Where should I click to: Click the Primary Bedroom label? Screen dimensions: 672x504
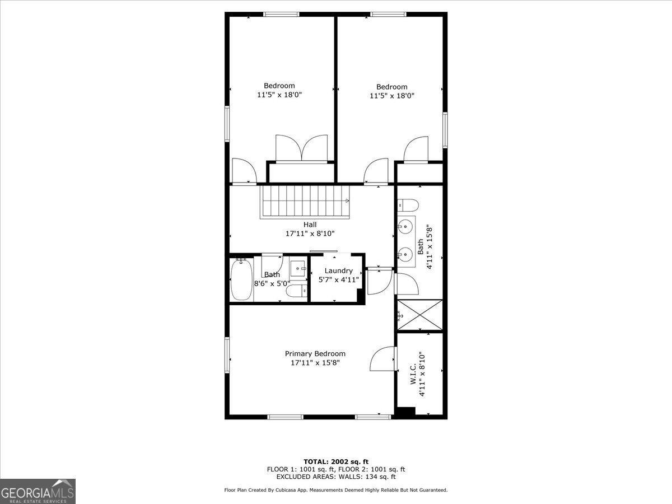pyautogui.click(x=315, y=354)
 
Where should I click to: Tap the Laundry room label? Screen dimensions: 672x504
pyautogui.click(x=339, y=271)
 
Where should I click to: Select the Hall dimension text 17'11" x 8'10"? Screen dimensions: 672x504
pyautogui.click(x=310, y=234)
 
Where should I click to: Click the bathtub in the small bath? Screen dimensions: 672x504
pyautogui.click(x=241, y=279)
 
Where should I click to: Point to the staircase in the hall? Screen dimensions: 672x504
pyautogui.click(x=305, y=202)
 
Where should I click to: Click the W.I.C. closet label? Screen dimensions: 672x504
pyautogui.click(x=413, y=374)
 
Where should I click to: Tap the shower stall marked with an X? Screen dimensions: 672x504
pyautogui.click(x=420, y=315)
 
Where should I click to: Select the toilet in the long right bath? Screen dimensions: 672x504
pyautogui.click(x=408, y=205)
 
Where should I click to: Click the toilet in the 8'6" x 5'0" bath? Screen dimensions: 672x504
pyautogui.click(x=297, y=291)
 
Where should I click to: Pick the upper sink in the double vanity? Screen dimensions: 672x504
pyautogui.click(x=405, y=227)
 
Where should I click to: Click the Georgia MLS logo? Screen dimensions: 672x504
pyautogui.click(x=38, y=491)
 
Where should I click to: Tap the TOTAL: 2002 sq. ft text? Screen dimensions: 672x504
pyautogui.click(x=336, y=462)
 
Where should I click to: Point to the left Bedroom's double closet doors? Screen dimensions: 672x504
pyautogui.click(x=301, y=148)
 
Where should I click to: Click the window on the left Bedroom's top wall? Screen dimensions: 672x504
pyautogui.click(x=281, y=15)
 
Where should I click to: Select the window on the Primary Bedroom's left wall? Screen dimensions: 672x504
pyautogui.click(x=227, y=355)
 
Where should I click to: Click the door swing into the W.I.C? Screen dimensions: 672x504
pyautogui.click(x=382, y=358)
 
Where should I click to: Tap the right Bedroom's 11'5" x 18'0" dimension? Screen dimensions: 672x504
pyautogui.click(x=392, y=96)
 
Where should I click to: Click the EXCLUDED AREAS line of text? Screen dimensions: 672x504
pyautogui.click(x=336, y=477)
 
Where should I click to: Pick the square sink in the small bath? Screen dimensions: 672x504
pyautogui.click(x=297, y=268)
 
